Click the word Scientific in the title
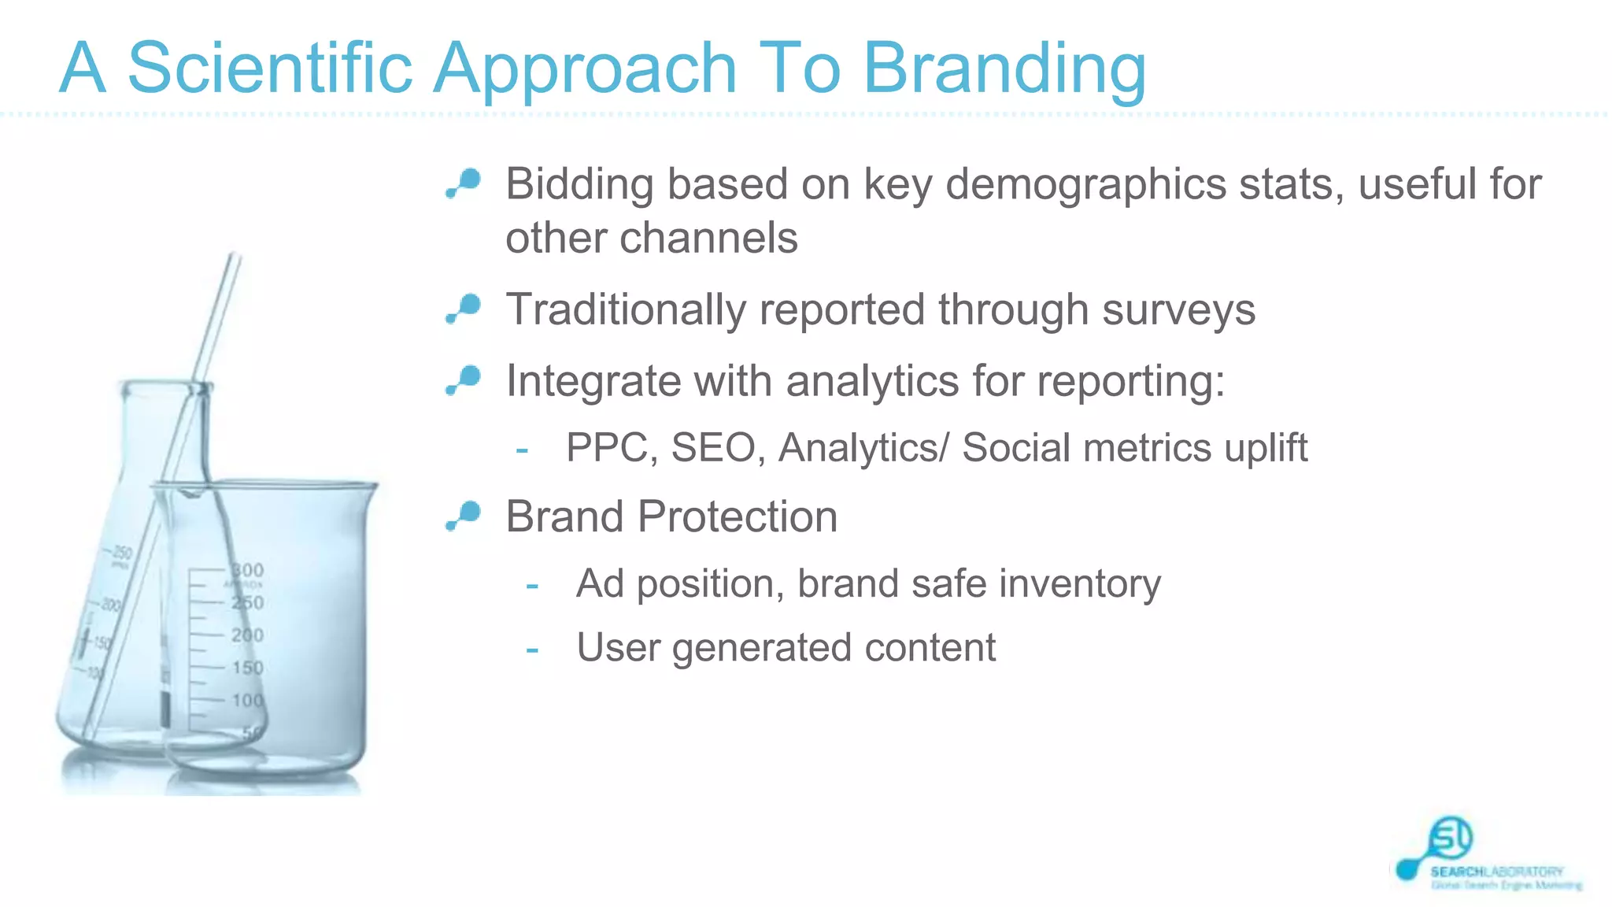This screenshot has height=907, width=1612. click(269, 68)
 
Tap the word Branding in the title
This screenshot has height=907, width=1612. click(1004, 69)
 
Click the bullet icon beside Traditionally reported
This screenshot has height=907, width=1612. click(464, 308)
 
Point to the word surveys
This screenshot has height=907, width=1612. click(1178, 309)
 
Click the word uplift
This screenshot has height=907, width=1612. click(1265, 448)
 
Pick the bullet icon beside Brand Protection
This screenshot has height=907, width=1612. click(464, 515)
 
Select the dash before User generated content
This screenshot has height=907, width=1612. click(532, 650)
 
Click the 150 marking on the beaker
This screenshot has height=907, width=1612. click(247, 668)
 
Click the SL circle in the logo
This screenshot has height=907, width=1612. click(1451, 838)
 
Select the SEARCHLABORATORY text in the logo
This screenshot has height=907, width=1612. click(1496, 872)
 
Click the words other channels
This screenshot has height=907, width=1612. click(651, 239)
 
